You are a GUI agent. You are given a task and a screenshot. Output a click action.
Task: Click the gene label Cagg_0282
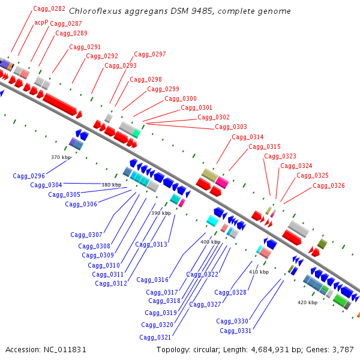[49, 8]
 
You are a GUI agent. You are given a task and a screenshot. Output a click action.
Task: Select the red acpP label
[41, 22]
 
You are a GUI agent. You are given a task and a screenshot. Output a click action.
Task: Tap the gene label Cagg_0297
[149, 54]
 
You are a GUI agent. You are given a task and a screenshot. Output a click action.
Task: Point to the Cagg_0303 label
[230, 127]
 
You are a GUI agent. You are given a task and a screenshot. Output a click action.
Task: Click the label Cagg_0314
[247, 137]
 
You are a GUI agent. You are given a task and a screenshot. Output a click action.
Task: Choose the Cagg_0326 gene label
[328, 185]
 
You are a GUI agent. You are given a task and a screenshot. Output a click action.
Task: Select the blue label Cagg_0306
[81, 204]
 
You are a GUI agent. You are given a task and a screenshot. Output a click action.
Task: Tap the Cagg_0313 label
[151, 244]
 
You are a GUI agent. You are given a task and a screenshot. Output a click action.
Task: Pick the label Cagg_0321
[155, 337]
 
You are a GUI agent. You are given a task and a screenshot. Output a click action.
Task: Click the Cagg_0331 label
[235, 331]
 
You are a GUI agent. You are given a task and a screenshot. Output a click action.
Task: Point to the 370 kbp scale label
[61, 157]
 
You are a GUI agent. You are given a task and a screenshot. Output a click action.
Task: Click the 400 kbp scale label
[209, 242]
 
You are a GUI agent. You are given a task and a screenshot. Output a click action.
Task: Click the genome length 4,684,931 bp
[272, 349]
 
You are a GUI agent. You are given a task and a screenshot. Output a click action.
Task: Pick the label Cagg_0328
[230, 292]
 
